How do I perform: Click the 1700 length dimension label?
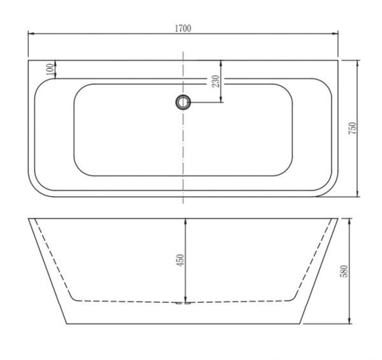183,28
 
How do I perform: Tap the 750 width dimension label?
353,128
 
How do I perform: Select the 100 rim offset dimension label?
49,69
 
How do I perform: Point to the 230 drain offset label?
215,81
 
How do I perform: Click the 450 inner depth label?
180,260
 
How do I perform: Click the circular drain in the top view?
183,102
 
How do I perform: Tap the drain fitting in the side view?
183,303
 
